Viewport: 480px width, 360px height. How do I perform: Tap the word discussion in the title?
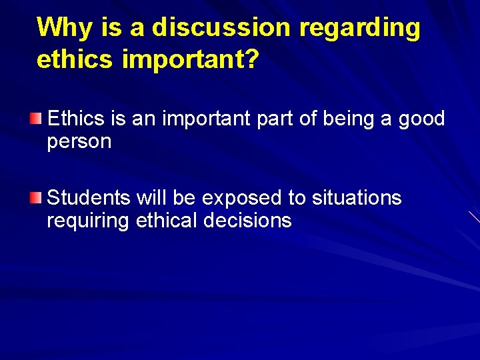(x=222, y=28)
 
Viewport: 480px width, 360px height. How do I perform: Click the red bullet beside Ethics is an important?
(x=37, y=119)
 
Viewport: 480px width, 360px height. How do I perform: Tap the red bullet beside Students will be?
(x=37, y=197)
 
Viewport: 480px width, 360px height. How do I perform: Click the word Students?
(x=89, y=198)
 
